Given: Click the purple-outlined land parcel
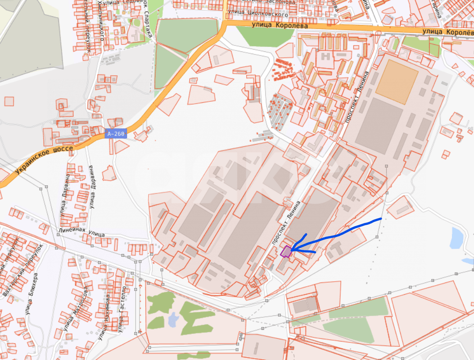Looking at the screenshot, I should click(x=285, y=251).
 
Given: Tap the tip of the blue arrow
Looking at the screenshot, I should click(x=291, y=250).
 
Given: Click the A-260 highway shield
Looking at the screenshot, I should click(x=116, y=133).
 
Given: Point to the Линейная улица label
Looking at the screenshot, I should click(x=81, y=232).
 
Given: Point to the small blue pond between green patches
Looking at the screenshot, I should click(x=173, y=319).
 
